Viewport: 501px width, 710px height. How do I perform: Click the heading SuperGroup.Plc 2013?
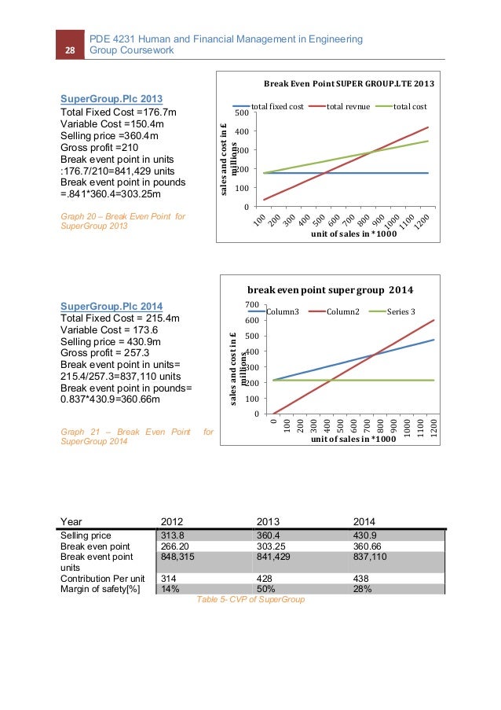112,99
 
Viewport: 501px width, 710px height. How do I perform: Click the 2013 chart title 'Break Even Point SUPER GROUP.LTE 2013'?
348,83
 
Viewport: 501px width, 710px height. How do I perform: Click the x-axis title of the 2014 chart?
350,439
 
